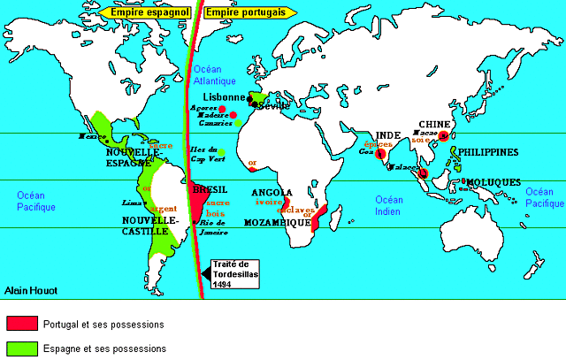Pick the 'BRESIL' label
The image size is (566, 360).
[210, 189]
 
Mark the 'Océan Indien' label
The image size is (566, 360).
[387, 205]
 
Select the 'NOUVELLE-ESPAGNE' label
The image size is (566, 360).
[132, 158]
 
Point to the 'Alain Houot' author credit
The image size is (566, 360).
[30, 288]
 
